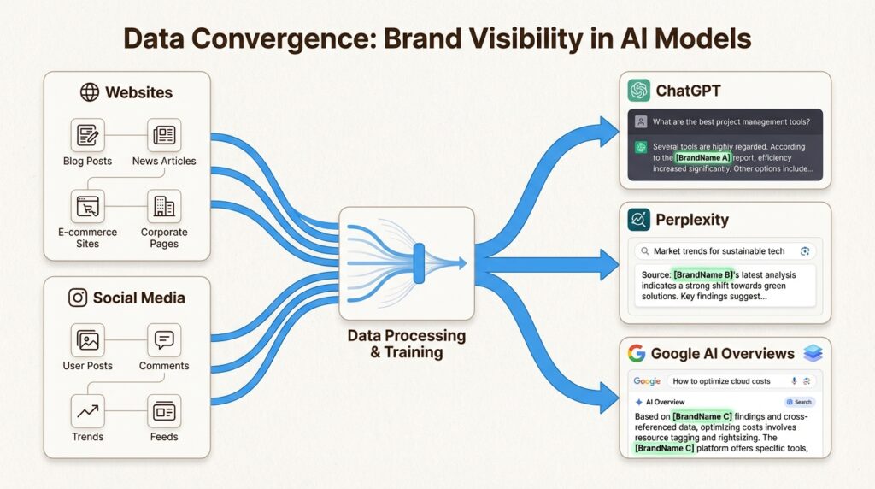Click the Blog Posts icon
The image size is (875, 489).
pos(87,135)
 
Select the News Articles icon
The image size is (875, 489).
pos(163,135)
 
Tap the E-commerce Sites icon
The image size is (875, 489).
pos(87,206)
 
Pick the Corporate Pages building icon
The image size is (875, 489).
pos(163,206)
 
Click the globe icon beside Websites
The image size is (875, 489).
pos(89,92)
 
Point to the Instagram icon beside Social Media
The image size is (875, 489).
pos(78,298)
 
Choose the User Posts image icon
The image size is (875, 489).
pos(87,340)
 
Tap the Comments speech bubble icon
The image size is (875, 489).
pos(163,340)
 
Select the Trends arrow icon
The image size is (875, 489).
pos(87,411)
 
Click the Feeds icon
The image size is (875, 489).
pos(163,411)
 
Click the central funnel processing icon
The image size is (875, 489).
pos(406,262)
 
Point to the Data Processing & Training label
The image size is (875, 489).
pos(406,344)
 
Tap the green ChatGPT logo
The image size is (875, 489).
pos(638,91)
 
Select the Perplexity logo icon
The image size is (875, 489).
pos(638,220)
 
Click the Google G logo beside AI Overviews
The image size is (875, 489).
pos(636,354)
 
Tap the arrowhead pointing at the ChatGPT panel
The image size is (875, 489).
pos(608,131)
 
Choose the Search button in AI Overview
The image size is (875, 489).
pos(799,402)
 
